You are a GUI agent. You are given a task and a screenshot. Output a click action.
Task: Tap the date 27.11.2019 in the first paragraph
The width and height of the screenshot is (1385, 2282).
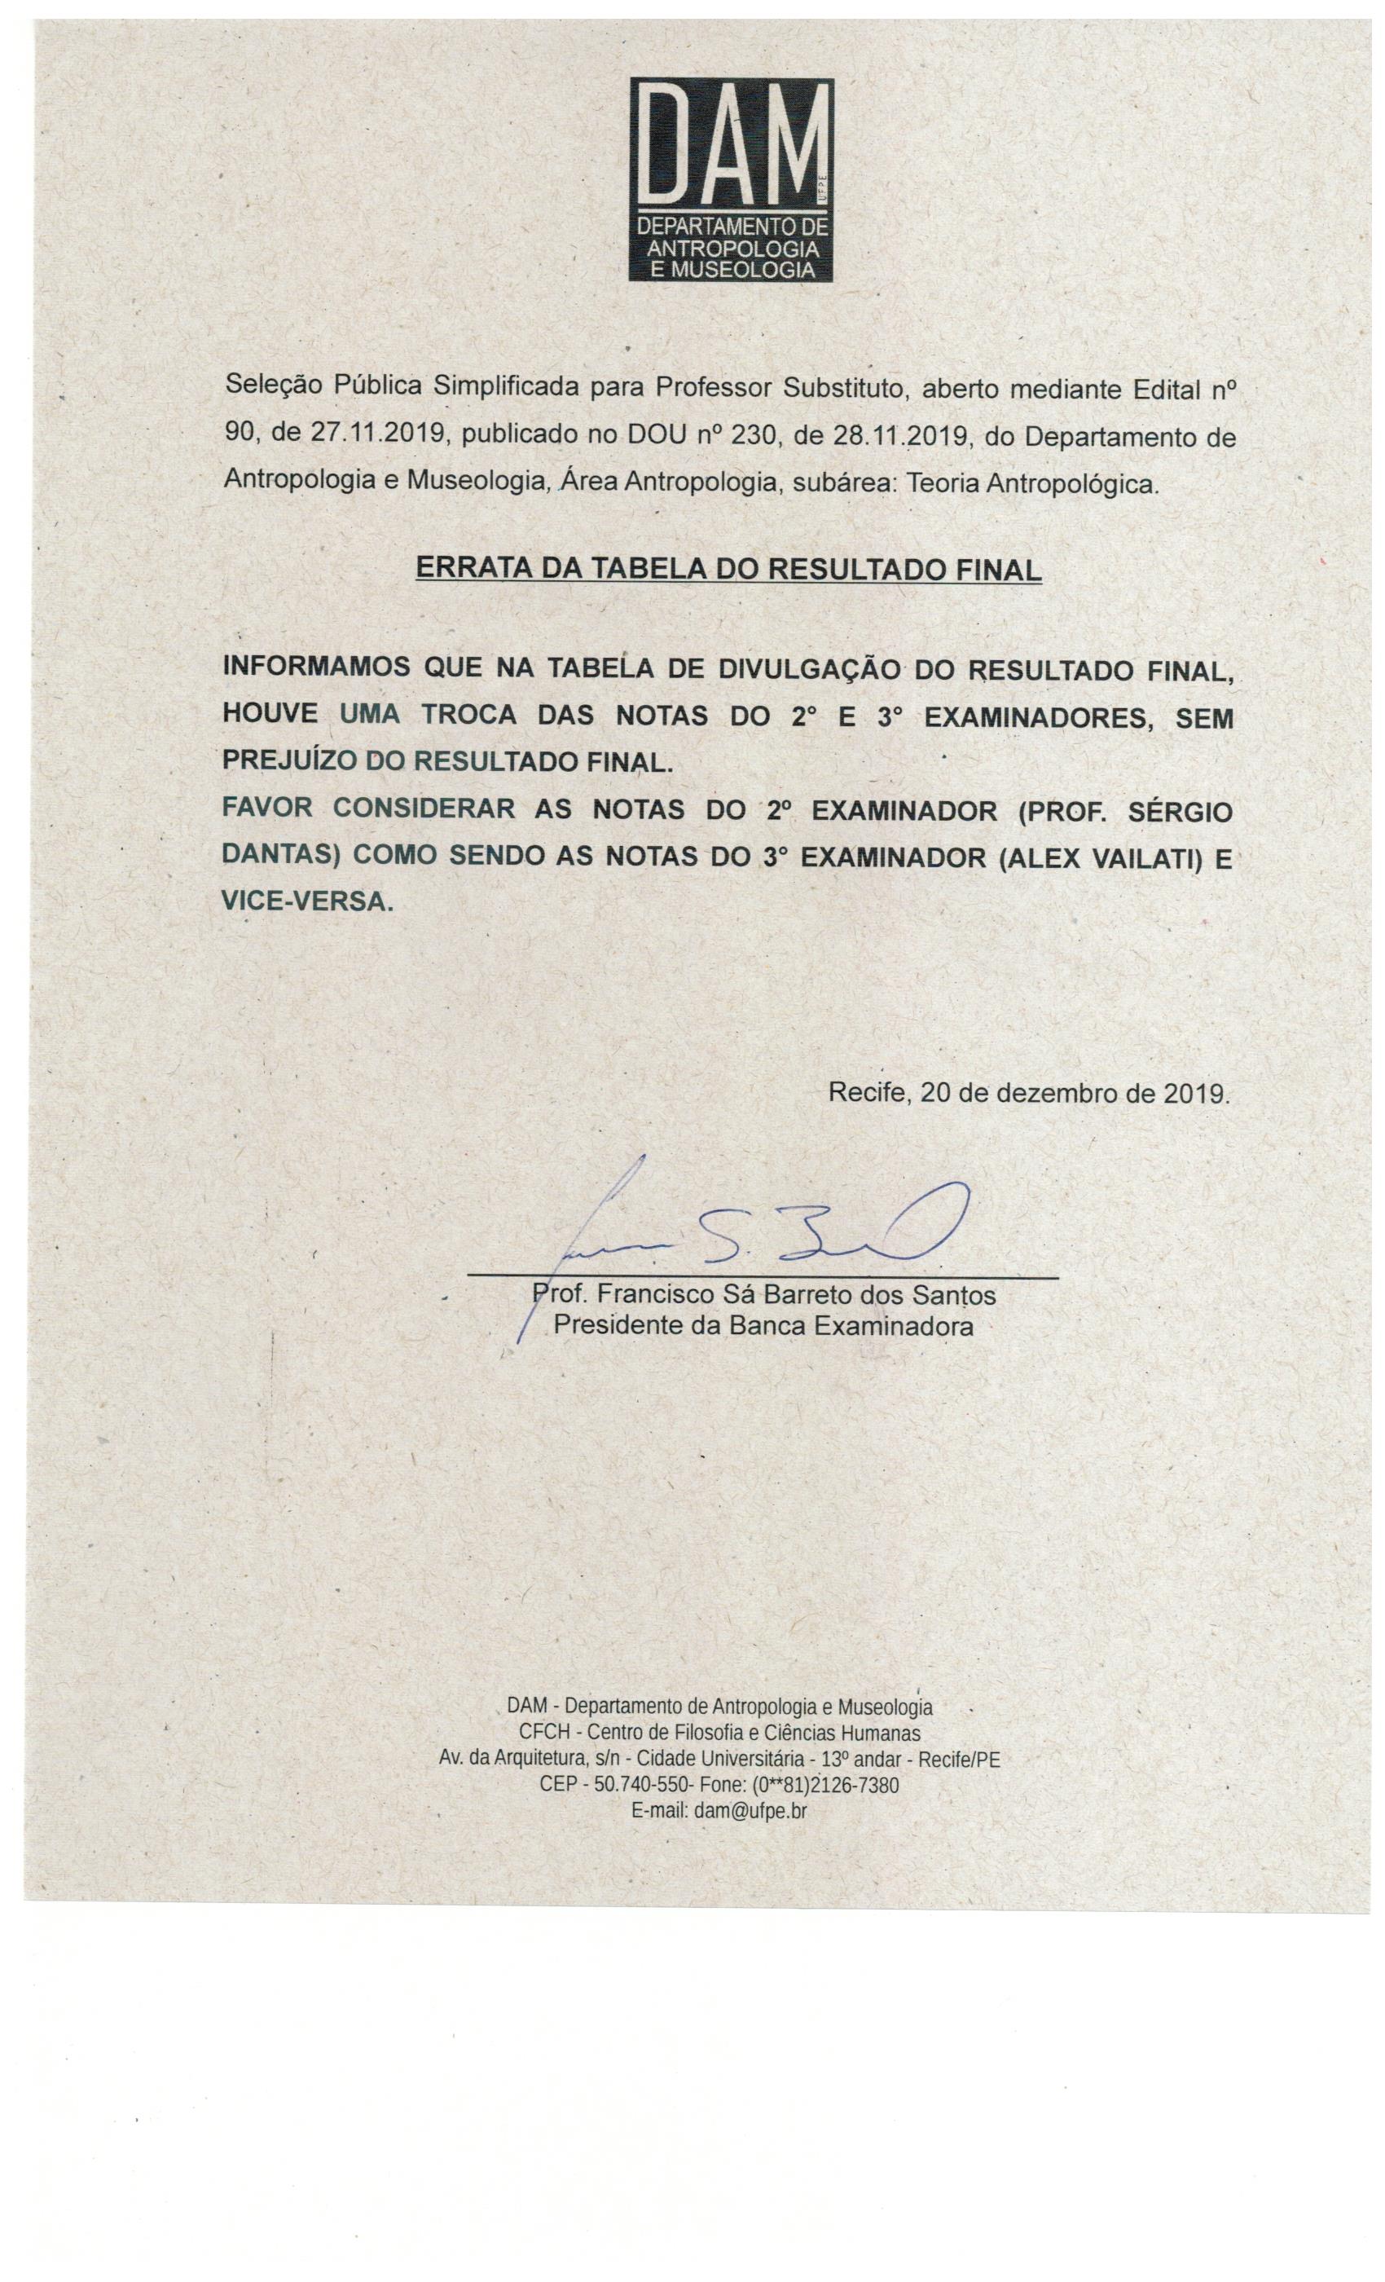coord(380,437)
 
